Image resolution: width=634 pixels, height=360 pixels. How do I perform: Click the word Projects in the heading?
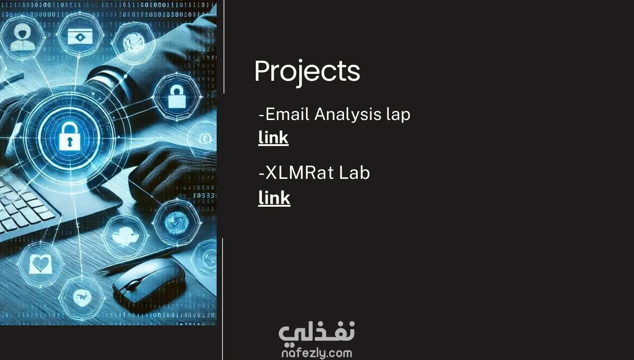[x=307, y=72]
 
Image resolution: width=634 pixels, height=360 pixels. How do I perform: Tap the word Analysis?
[x=348, y=114]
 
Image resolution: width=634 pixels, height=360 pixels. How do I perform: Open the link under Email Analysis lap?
[x=273, y=138]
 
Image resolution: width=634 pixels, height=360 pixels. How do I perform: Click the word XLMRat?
[x=292, y=172]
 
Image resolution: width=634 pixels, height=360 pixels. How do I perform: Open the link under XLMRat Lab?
[x=274, y=198]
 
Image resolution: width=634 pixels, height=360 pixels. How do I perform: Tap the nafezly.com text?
[x=317, y=353]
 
